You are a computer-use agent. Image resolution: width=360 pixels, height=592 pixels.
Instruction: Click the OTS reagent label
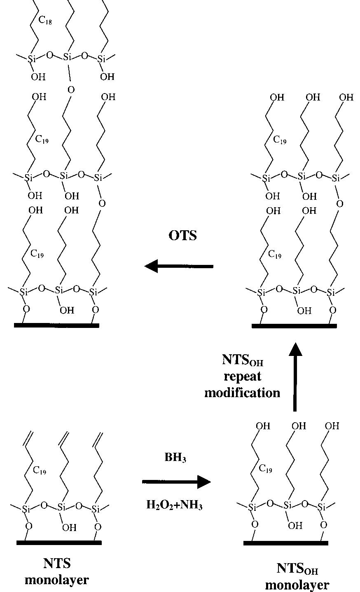click(182, 236)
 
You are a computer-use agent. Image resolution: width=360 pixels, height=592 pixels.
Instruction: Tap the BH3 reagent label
click(175, 457)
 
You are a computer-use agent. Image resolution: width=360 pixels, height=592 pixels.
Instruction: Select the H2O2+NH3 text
click(175, 505)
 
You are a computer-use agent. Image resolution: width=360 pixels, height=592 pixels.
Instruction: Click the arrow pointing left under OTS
click(179, 266)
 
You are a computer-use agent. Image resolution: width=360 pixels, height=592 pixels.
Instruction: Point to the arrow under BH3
click(176, 482)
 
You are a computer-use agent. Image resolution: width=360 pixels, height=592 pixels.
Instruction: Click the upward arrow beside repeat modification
click(295, 377)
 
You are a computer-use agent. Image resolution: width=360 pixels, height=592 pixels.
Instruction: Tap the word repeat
click(242, 377)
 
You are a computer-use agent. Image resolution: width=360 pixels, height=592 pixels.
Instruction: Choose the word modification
click(242, 393)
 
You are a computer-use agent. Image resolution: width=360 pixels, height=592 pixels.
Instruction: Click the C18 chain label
click(45, 20)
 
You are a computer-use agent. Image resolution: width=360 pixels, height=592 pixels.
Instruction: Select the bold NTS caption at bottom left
click(57, 563)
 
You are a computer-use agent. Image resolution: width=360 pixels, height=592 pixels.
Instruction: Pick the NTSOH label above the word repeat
click(243, 360)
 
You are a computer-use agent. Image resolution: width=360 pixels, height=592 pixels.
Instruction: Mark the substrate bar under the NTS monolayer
click(59, 543)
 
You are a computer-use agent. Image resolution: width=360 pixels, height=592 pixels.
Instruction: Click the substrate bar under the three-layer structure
click(56, 325)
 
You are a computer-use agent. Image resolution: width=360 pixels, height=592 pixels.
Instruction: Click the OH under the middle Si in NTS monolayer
click(69, 528)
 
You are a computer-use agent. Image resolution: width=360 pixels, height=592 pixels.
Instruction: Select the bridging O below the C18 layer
click(71, 90)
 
